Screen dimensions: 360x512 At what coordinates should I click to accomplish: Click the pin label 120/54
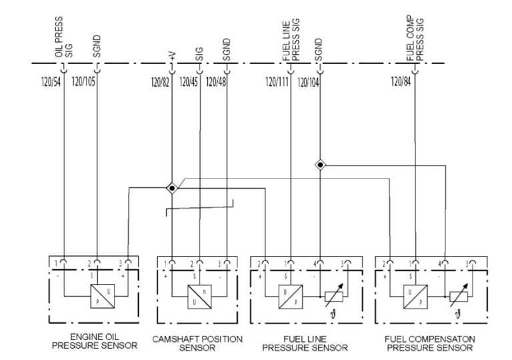pos(48,83)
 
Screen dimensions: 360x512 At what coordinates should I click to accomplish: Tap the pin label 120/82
pos(161,83)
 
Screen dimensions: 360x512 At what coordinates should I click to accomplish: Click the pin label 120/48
pos(216,83)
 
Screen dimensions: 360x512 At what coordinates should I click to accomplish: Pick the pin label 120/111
pos(277,83)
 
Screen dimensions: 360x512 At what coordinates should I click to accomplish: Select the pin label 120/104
pos(308,83)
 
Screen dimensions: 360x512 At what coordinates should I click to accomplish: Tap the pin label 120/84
pos(401,83)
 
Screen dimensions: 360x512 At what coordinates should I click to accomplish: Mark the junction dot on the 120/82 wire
pos(172,188)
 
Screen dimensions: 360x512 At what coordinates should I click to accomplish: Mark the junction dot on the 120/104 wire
pos(321,164)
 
